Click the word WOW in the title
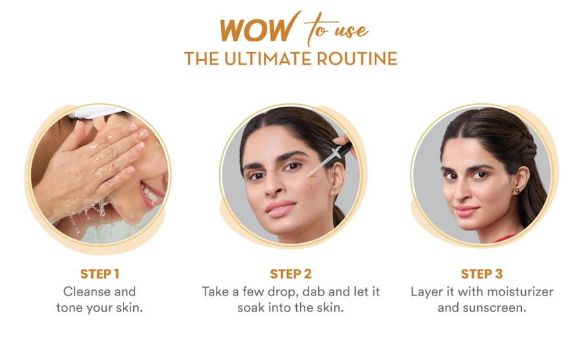pos(257,30)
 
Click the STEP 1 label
pos(100,274)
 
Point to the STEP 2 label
pos(290,274)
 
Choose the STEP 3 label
pos(481,274)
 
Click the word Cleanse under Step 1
pos(87,291)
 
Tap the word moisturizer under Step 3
pos(520,291)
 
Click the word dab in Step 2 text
pos(314,291)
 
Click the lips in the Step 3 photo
pos(466,211)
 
